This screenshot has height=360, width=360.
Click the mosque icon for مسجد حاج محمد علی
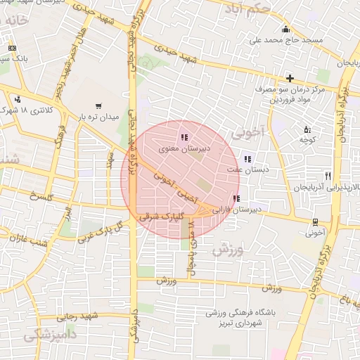click(x=285, y=29)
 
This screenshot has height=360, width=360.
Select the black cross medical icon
click(x=289, y=77)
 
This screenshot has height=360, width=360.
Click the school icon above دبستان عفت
click(x=247, y=159)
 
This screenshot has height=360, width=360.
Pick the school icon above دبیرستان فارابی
click(x=236, y=199)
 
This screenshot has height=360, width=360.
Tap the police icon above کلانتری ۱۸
click(x=16, y=99)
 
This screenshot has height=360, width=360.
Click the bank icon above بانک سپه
click(x=11, y=48)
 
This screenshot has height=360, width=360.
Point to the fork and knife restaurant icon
click(x=328, y=176)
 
